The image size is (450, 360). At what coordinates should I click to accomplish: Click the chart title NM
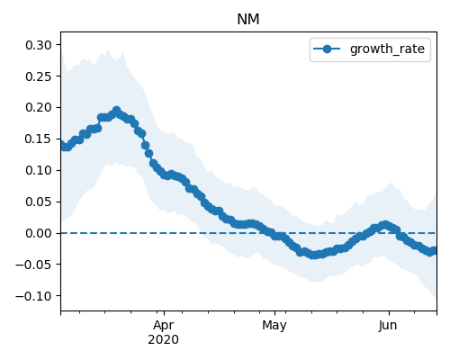pos(248,20)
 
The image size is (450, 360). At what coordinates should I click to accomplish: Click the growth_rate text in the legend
pos(387,49)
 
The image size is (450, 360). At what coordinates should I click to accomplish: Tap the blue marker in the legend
pos(327,49)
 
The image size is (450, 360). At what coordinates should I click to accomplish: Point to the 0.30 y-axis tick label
pos(39,45)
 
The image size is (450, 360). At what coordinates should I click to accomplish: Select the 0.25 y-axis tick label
pos(39,76)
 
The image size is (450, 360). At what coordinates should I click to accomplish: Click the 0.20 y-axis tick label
pos(39,107)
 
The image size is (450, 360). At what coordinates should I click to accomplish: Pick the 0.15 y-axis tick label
pos(39,139)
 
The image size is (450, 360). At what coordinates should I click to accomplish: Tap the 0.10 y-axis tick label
pos(39,170)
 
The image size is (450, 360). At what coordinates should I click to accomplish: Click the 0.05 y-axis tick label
pos(39,202)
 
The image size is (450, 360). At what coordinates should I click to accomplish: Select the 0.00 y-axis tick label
pos(39,233)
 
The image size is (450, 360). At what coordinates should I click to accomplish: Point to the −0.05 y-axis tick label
pos(33,265)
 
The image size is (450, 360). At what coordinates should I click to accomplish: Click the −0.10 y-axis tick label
pos(33,296)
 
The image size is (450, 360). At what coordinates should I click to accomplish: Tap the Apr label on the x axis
pos(164,326)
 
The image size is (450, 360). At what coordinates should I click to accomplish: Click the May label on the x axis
pos(274,326)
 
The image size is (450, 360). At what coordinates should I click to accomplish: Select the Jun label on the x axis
pos(388,325)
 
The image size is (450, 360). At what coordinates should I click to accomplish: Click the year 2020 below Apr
pos(164,339)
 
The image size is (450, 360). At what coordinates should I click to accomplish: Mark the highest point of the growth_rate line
pos(117,111)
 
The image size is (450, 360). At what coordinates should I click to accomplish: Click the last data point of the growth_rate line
pos(434,250)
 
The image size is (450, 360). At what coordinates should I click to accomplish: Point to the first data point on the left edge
pos(62,145)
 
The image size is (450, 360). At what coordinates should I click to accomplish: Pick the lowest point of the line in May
pos(313,255)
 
